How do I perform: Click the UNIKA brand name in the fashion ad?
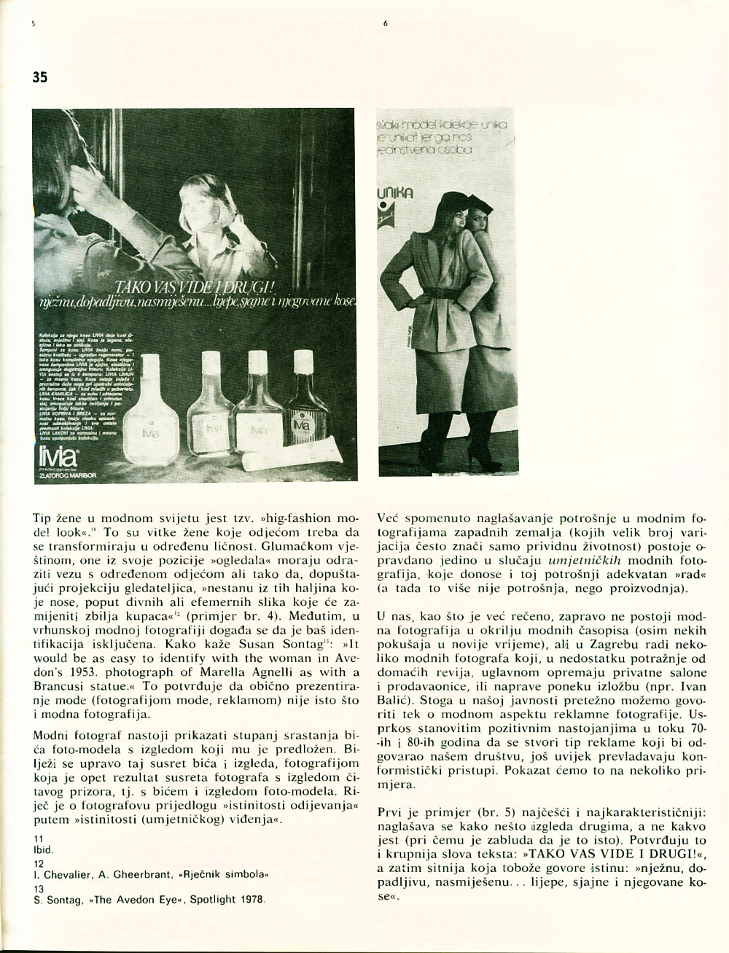point(394,194)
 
